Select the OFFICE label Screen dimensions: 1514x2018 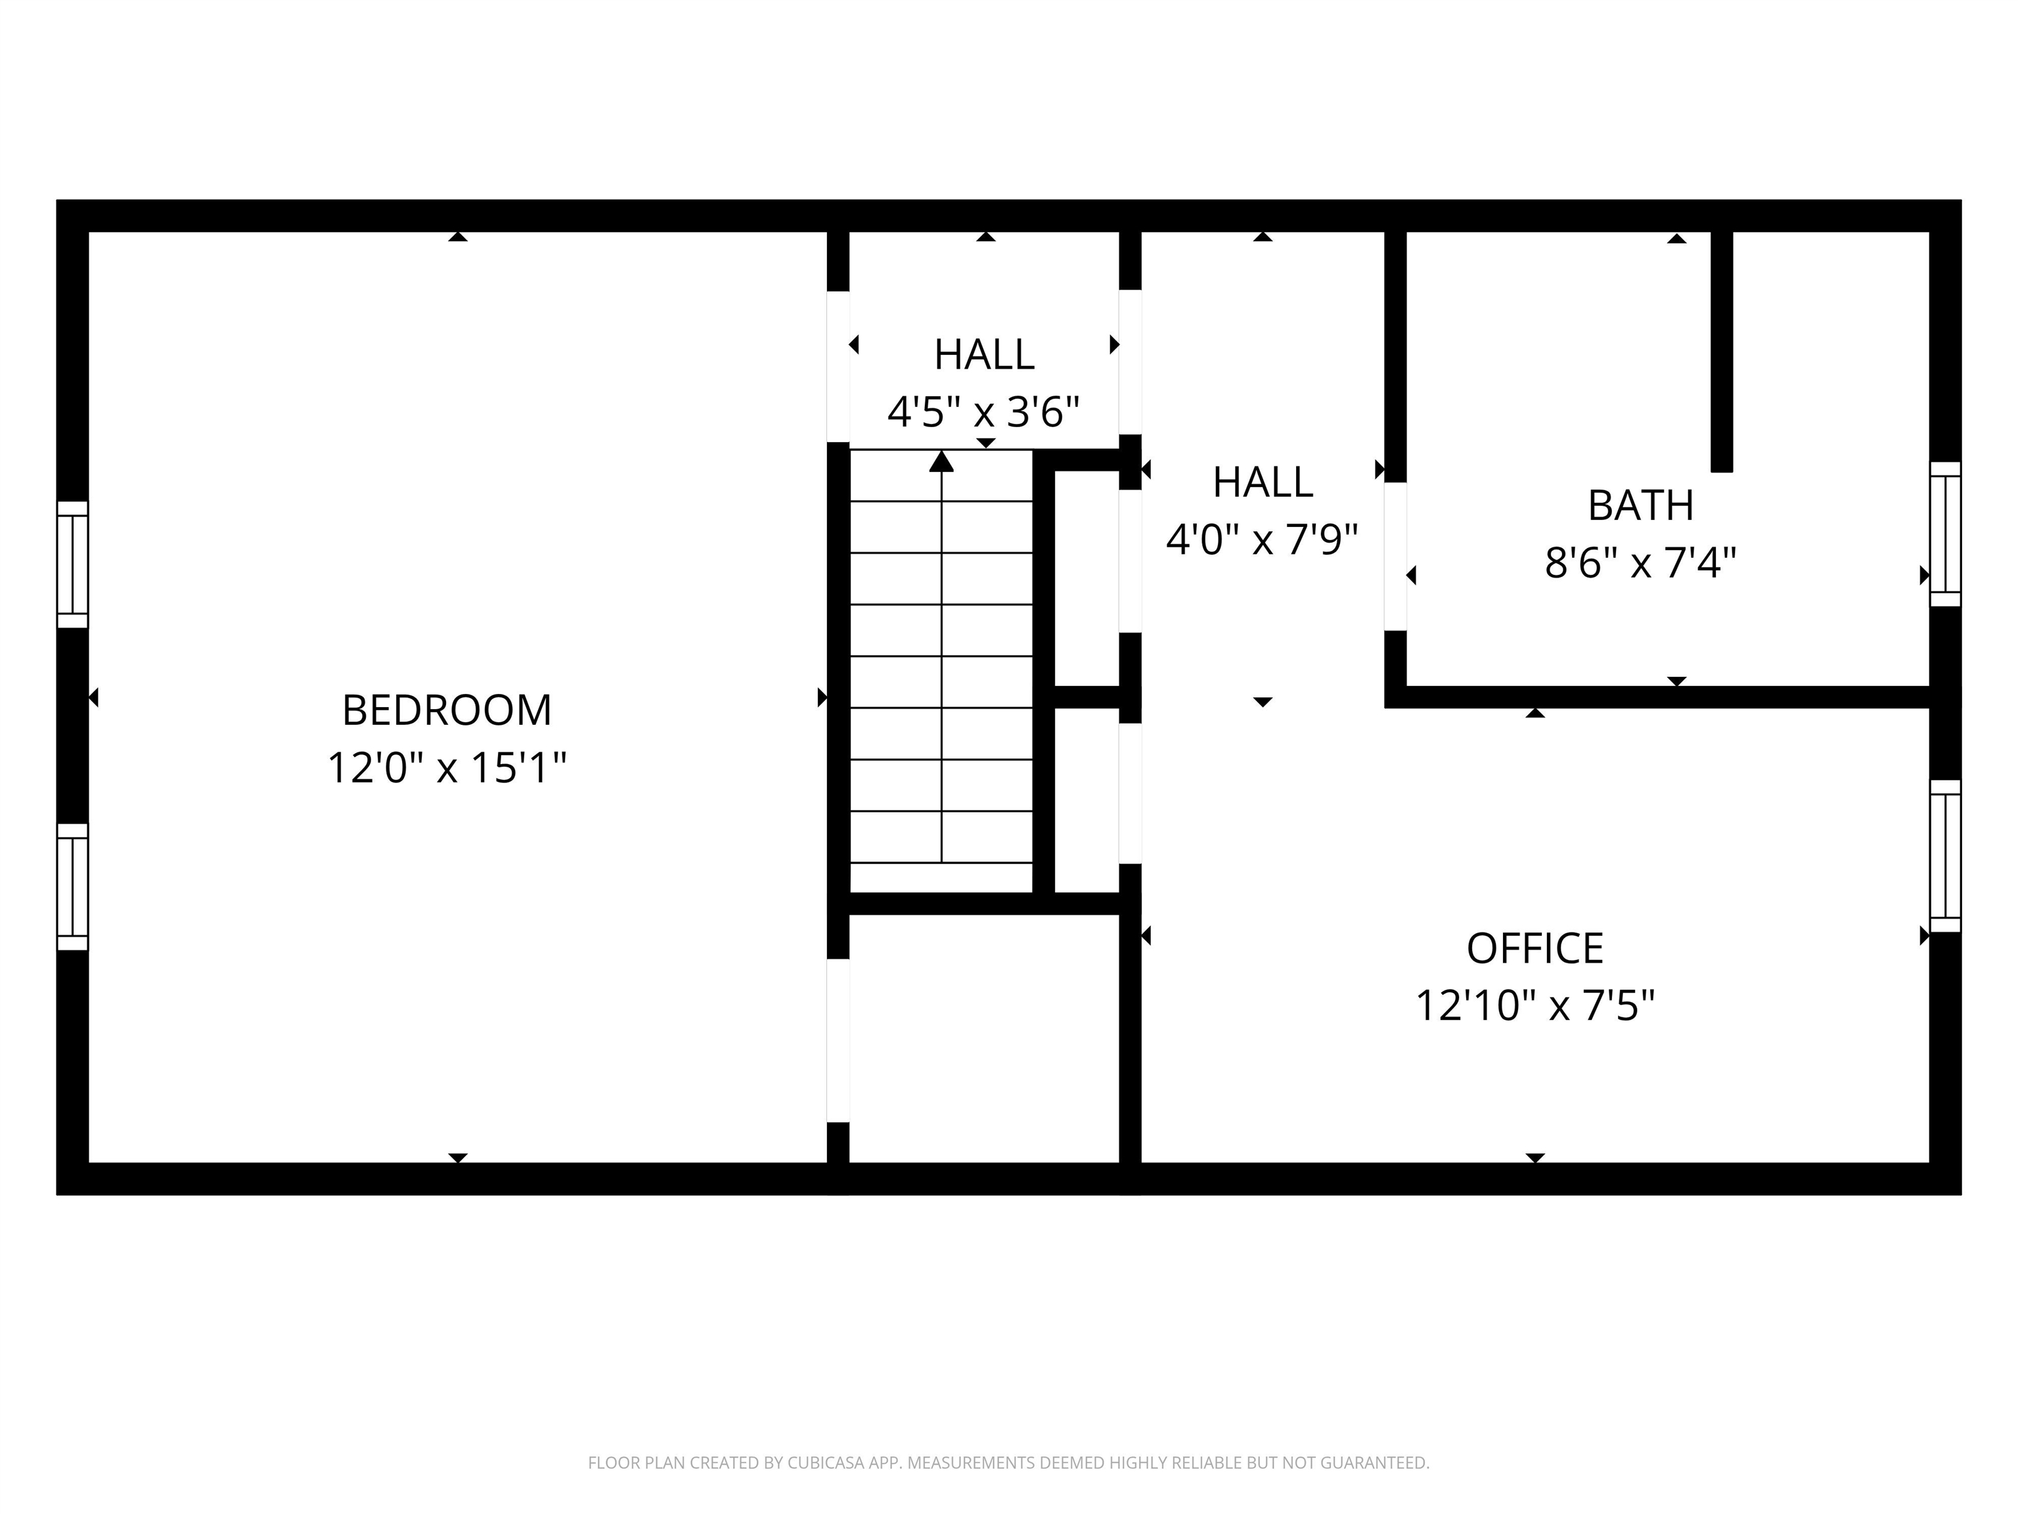tap(1535, 948)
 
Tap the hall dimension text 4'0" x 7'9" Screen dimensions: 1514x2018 tap(1262, 539)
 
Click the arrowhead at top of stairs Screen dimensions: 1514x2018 tap(941, 462)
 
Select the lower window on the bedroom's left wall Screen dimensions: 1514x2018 tap(72, 887)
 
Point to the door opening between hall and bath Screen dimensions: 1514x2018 tap(1395, 556)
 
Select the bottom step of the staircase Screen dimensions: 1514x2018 tap(941, 876)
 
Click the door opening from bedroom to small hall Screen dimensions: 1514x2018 tap(838, 366)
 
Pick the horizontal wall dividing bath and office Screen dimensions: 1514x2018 tap(1661, 697)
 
